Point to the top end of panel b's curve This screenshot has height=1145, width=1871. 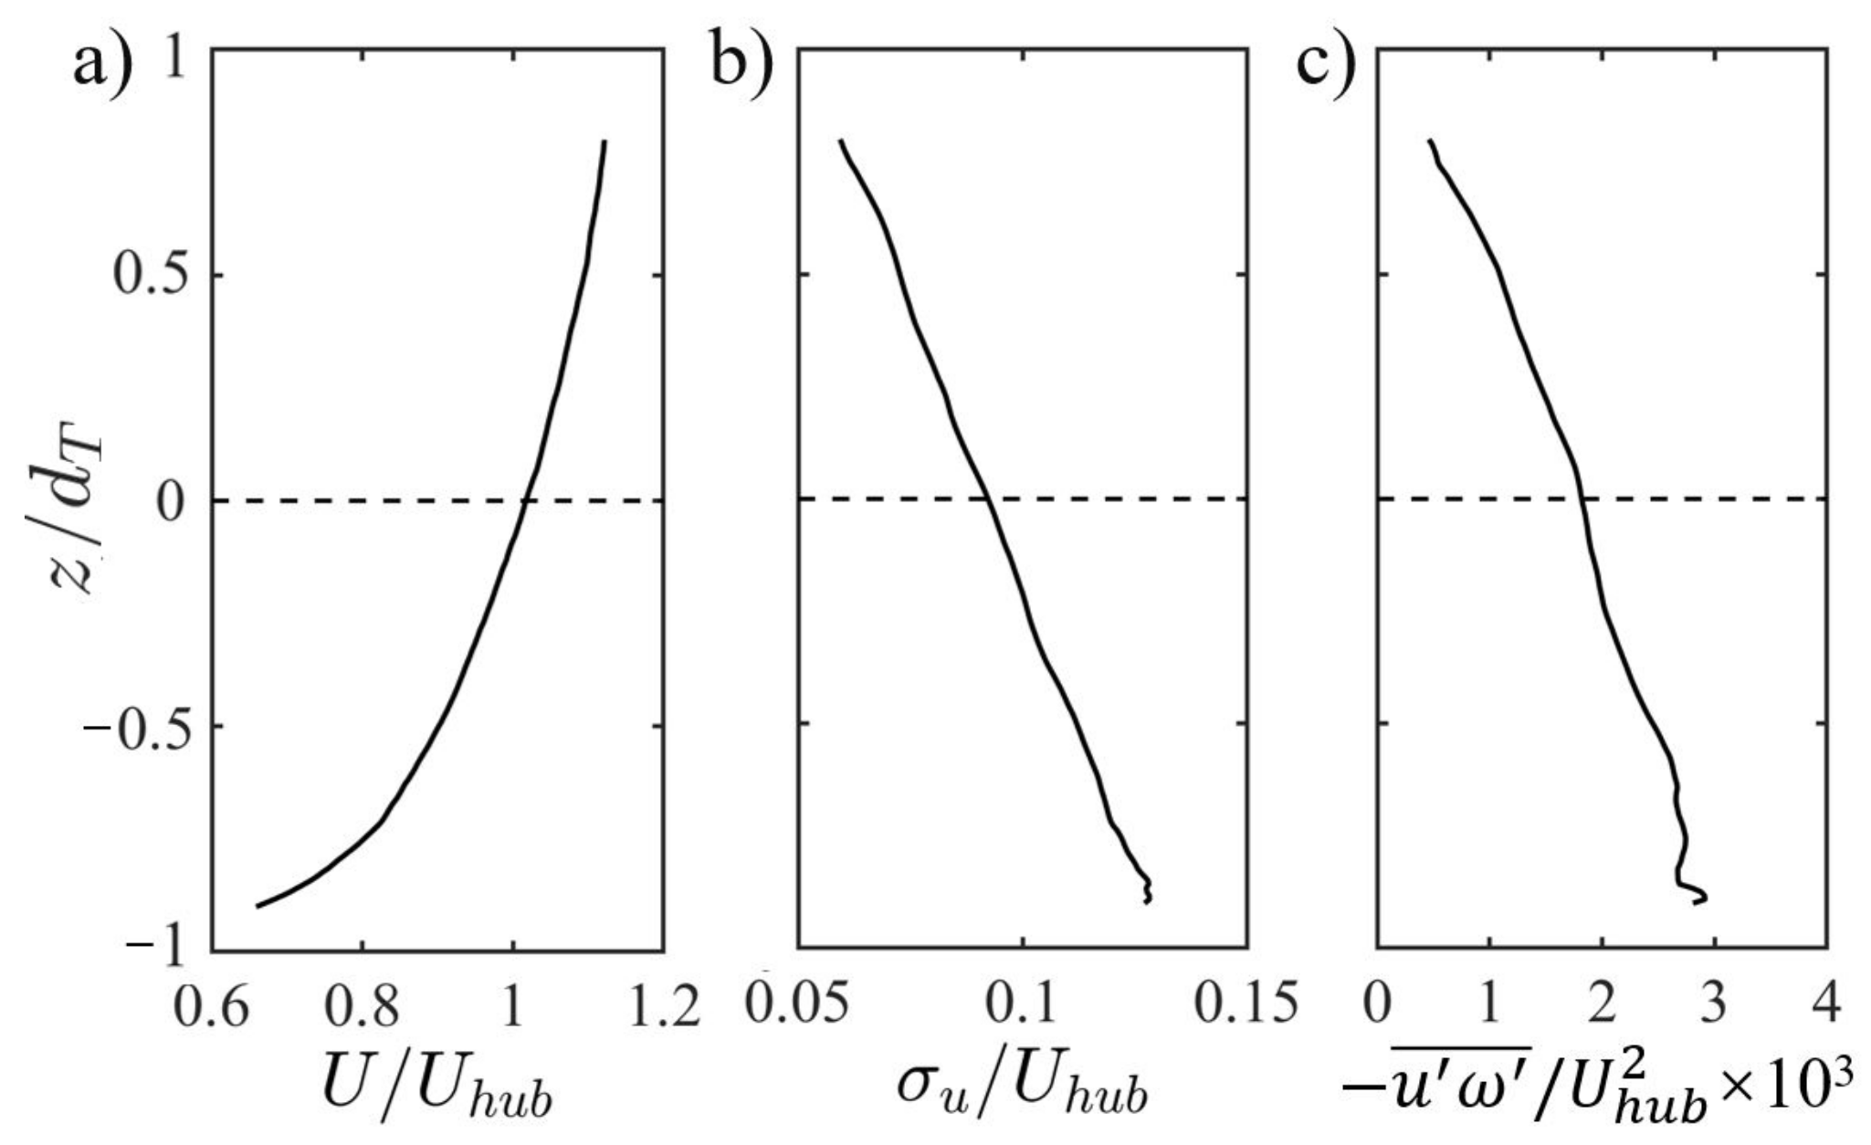click(841, 141)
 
